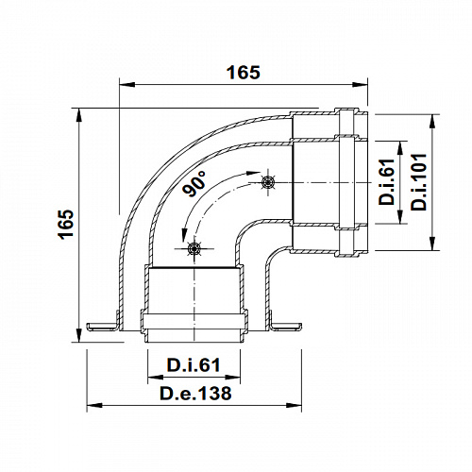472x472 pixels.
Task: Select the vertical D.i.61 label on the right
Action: (387, 183)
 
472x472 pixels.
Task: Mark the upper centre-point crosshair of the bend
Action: (268, 182)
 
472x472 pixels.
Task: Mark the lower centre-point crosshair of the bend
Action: (194, 249)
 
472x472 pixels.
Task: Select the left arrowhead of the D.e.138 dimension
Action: (93, 406)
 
